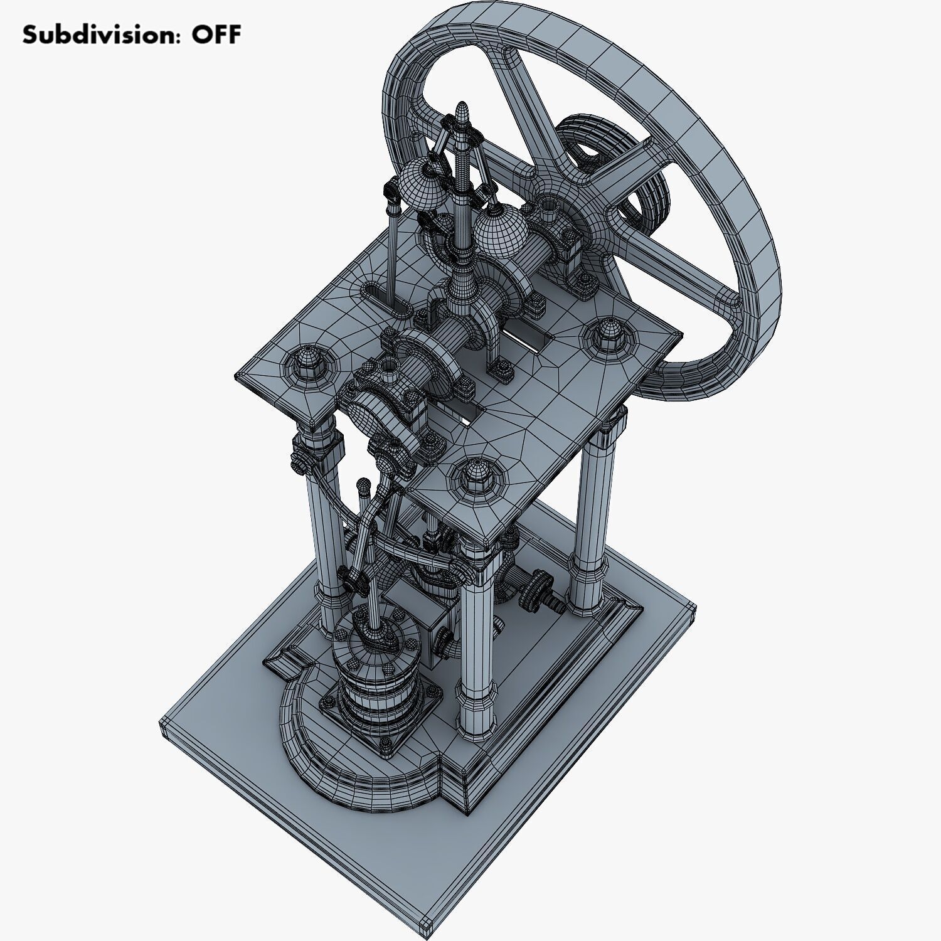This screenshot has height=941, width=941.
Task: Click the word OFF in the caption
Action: [x=216, y=35]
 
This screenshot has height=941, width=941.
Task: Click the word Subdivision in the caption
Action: [x=97, y=35]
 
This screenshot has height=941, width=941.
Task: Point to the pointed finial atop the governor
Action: [x=462, y=113]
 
